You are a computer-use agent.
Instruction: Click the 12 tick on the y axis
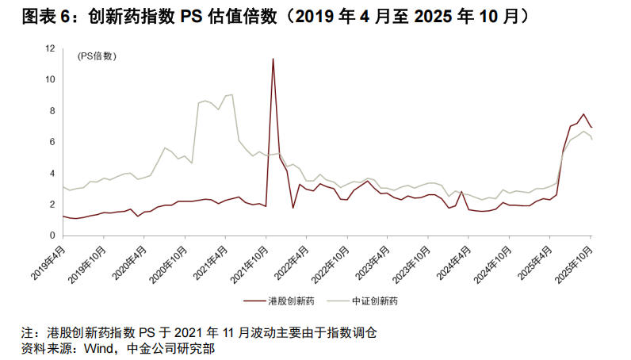pos(51,48)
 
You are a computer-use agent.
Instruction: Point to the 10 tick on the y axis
pos(51,79)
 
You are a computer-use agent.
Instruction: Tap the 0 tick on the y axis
pos(52,236)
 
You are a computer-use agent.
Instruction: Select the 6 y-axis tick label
pos(52,142)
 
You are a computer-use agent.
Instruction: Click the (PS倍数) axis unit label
pos(96,56)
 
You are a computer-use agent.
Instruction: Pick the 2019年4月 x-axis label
pos(48,258)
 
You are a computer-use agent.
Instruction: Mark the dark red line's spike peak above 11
pos(273,58)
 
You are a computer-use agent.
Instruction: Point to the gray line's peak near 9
pos(231,94)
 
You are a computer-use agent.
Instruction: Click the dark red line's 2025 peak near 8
pos(583,113)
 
